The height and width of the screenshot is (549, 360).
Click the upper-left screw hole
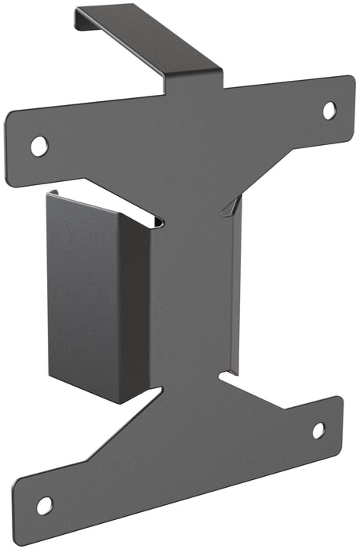click(38, 145)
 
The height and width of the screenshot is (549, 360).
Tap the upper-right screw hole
click(329, 111)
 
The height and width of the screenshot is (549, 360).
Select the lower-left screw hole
click(45, 505)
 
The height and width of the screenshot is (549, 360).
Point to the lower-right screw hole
click(318, 430)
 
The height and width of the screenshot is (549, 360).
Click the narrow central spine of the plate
click(192, 298)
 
